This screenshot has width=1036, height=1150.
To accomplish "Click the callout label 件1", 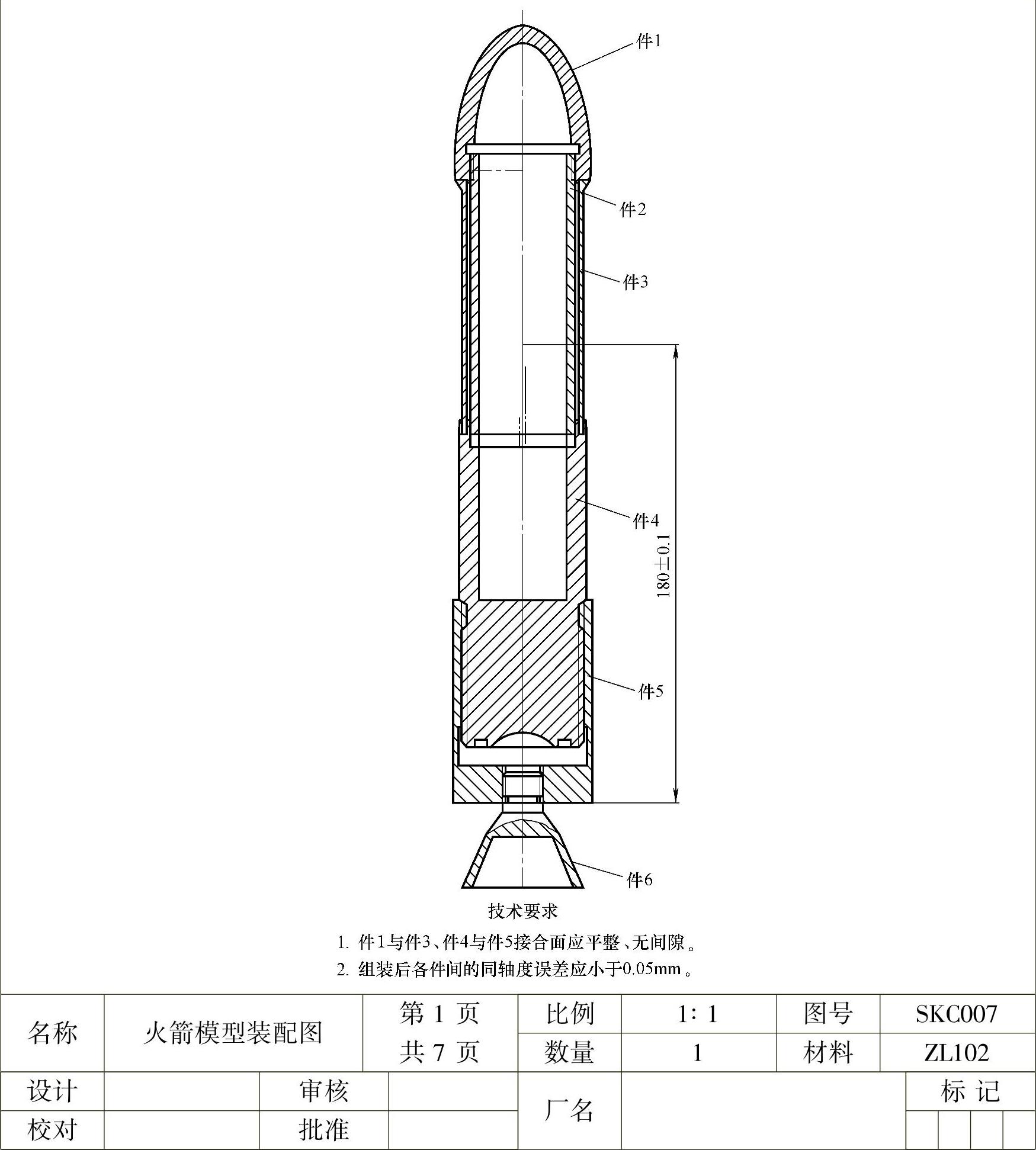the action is [649, 41].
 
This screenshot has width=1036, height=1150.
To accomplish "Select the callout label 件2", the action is [633, 209].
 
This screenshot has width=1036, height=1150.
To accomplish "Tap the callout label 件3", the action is [636, 282].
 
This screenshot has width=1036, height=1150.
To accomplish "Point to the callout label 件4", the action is [646, 521].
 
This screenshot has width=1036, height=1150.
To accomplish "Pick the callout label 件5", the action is [650, 691].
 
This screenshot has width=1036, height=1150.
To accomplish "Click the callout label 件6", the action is [639, 880].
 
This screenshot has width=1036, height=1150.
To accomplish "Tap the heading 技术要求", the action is [522, 911].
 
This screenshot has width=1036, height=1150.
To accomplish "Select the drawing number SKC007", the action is [957, 1014].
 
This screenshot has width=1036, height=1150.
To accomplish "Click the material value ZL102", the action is [957, 1052].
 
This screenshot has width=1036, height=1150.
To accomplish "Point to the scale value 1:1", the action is [698, 1014].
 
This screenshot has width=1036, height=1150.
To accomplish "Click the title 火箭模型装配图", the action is [233, 1033].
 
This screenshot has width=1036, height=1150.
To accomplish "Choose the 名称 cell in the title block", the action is [52, 1033].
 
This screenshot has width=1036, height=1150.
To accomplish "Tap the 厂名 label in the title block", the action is [569, 1110].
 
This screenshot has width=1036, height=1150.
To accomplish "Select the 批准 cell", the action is [323, 1129].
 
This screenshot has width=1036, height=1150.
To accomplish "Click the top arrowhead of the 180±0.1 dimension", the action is [676, 351].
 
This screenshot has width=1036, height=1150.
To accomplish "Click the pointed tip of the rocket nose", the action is [522, 25].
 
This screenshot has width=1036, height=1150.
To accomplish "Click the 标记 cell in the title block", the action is [970, 1091].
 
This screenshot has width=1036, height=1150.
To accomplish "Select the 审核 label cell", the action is [323, 1091].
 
